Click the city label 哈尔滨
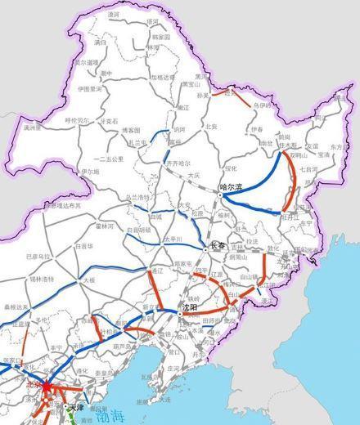coord(233,187)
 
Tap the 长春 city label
coord(217,244)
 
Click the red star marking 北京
coord(44,382)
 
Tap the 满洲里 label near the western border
coord(32,127)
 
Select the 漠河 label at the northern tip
coord(113,15)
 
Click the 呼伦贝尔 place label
coord(79,120)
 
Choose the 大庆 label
coord(193,176)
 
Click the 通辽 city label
coord(147,269)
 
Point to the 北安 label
coord(211,127)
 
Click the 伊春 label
coord(258,129)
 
